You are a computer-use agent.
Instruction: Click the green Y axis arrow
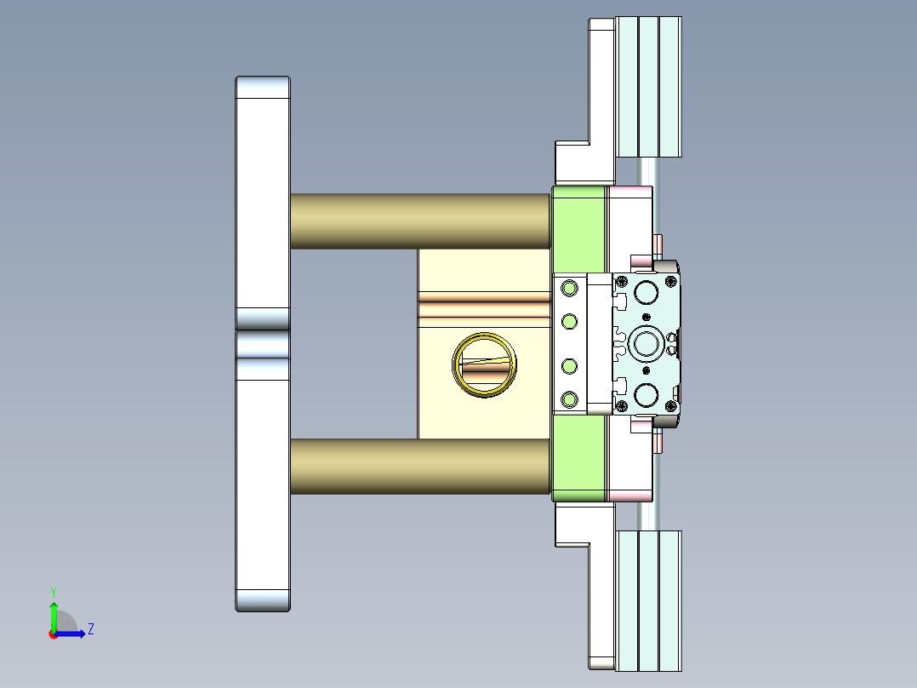[x=54, y=614]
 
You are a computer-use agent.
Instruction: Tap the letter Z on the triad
[x=90, y=630]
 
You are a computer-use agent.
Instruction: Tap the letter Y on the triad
[x=54, y=591]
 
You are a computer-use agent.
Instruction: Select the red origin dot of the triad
[x=53, y=634]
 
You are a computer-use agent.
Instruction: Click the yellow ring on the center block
[x=484, y=364]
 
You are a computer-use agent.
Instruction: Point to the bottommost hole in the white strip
[x=569, y=398]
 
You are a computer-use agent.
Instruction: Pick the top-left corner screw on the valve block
[x=622, y=283]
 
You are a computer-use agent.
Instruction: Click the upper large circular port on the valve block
[x=646, y=293]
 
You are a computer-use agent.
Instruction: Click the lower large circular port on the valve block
[x=646, y=395]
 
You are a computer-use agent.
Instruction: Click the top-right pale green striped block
[x=647, y=87]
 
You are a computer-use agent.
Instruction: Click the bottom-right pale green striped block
[x=647, y=599]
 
